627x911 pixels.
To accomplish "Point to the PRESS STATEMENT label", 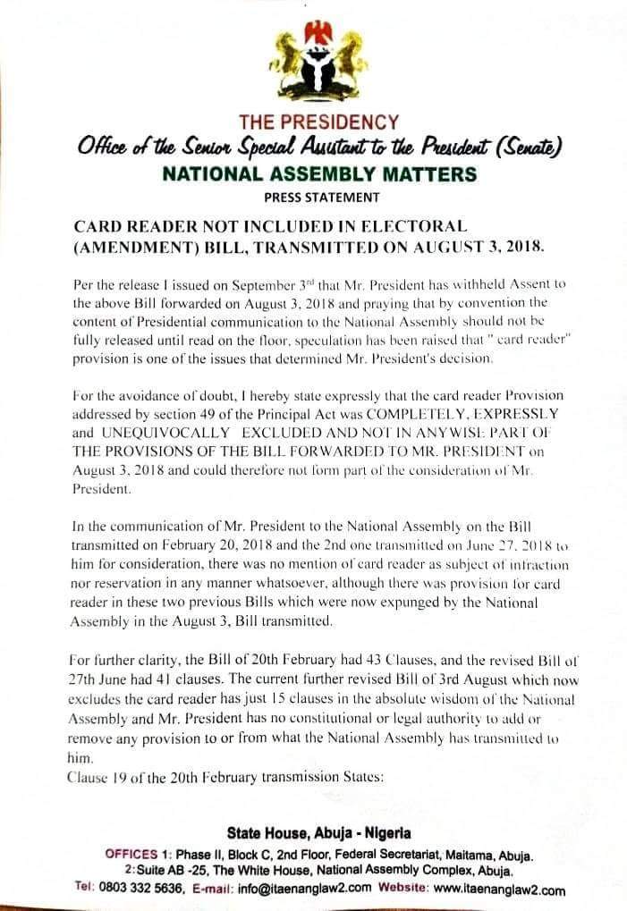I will [x=321, y=197].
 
